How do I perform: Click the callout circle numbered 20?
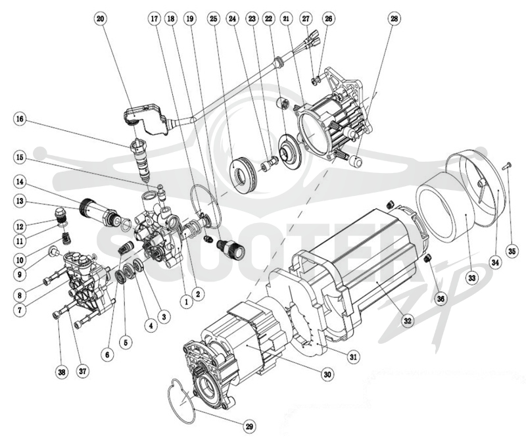pyautogui.click(x=101, y=19)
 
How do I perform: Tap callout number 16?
pyautogui.click(x=20, y=120)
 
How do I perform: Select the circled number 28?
pyautogui.click(x=394, y=19)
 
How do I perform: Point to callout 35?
pyautogui.click(x=511, y=252)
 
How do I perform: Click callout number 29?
pyautogui.click(x=249, y=427)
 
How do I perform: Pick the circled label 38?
pyautogui.click(x=62, y=372)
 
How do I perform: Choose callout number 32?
pyautogui.click(x=407, y=321)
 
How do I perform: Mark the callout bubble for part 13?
pyautogui.click(x=20, y=201)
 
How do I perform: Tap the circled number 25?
pyautogui.click(x=213, y=19)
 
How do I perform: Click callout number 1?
pyautogui.click(x=187, y=302)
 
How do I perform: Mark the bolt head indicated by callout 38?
pyautogui.click(x=56, y=315)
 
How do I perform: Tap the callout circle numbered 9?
pyautogui.click(x=20, y=275)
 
